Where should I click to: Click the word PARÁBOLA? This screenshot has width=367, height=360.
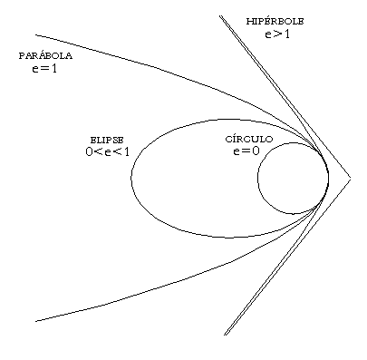[45, 55]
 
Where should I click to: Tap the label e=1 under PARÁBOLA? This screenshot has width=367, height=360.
[44, 69]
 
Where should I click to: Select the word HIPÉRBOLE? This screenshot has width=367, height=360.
[275, 21]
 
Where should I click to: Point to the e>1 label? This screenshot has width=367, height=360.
[277, 34]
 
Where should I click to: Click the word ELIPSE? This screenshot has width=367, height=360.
[107, 141]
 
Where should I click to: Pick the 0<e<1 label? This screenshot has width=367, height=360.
[107, 151]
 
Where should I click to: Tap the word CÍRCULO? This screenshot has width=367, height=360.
[249, 139]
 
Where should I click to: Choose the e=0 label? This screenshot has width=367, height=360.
[246, 151]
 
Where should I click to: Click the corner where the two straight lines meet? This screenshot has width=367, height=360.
[351, 180]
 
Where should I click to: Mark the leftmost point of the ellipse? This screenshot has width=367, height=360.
[131, 178]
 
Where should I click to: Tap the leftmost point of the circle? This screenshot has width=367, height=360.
[257, 178]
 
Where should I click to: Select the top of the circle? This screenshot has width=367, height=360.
[293, 142]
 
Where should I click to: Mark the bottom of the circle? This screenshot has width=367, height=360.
[293, 214]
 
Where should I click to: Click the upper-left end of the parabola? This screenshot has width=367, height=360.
[36, 35]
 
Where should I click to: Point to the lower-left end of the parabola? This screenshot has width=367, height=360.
[36, 321]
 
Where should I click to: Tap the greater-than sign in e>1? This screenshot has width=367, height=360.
[277, 34]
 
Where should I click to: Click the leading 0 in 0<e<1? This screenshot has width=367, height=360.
[89, 151]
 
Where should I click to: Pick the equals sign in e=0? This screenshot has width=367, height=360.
[246, 151]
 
